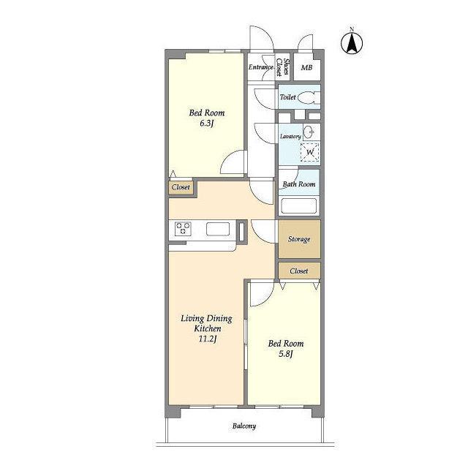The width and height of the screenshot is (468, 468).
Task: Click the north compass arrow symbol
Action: point(352,43)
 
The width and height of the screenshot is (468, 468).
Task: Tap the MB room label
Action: point(306,68)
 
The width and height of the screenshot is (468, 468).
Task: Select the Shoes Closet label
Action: point(282,67)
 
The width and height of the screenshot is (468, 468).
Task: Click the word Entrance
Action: point(260,67)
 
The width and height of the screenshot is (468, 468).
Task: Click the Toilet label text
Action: point(287,97)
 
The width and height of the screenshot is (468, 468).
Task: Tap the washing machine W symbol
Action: point(310,152)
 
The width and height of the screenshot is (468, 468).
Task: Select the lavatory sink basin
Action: point(309,132)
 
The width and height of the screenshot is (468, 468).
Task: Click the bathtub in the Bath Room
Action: point(299,205)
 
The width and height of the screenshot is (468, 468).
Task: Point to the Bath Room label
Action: point(299,184)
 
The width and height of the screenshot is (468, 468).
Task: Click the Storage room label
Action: point(299,239)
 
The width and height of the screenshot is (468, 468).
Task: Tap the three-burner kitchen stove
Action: point(183,229)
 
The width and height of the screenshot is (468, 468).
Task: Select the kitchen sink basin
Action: point(218,229)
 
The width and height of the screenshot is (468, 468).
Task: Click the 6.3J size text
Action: point(206,124)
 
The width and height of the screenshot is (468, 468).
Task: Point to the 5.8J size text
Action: point(286,354)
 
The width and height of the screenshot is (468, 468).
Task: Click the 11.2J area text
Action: point(208,339)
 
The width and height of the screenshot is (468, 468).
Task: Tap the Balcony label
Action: point(244,426)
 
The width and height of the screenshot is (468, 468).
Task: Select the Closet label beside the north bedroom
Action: point(181,187)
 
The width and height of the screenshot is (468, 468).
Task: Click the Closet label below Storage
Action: point(299,271)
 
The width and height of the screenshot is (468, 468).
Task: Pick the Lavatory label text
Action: point(290,137)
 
